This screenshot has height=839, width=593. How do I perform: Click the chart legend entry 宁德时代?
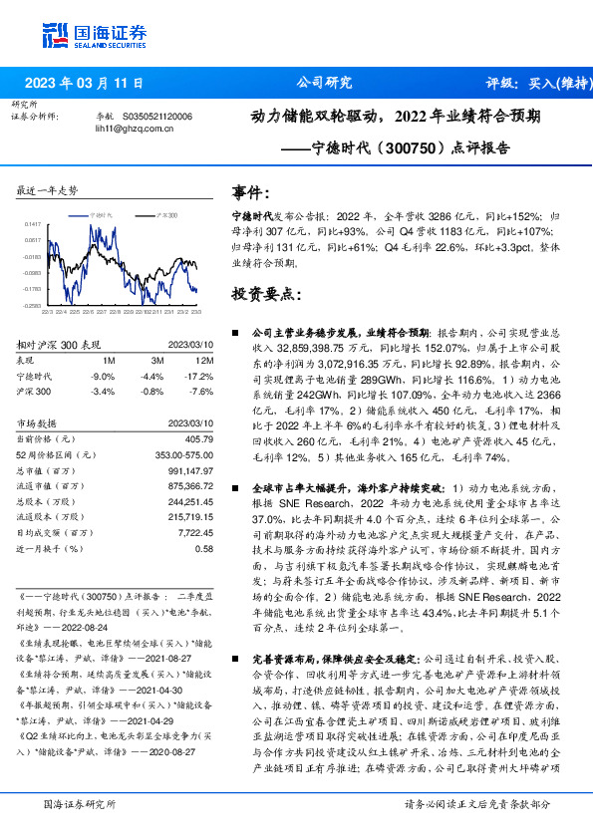click(104, 214)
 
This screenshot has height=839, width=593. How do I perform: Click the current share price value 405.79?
click(198, 437)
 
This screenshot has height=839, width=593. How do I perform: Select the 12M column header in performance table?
click(203, 361)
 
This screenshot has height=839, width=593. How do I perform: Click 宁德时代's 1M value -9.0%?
click(103, 376)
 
